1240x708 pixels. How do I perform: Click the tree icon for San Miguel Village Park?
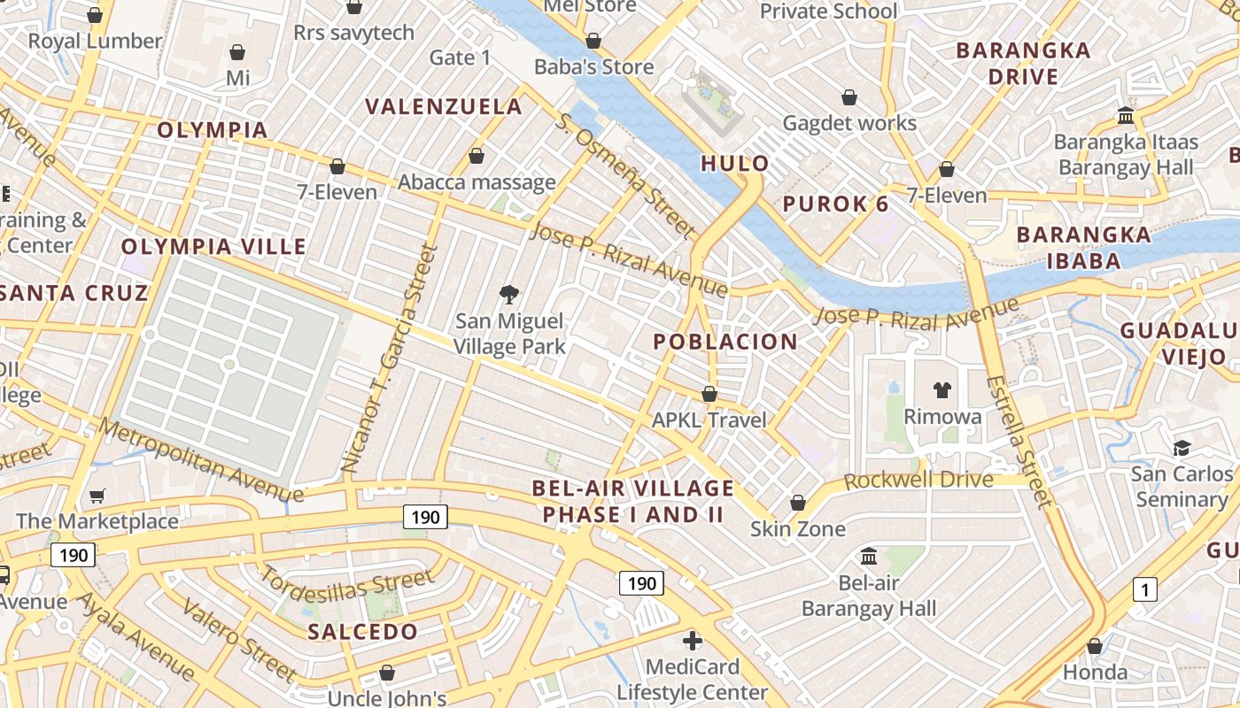509,294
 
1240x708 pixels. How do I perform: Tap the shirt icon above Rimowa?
942,389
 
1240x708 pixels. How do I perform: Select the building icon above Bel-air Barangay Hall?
869,557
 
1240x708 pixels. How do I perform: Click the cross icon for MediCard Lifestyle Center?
693,640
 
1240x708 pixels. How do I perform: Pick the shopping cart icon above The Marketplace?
97,496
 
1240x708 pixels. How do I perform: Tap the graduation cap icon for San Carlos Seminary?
1182,448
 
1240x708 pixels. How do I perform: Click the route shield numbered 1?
1145,589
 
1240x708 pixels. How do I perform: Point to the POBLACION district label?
725,342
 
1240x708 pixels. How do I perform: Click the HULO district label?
734,163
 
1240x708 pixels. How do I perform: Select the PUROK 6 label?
835,204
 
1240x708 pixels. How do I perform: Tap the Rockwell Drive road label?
918,481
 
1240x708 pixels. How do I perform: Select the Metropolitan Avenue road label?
201,460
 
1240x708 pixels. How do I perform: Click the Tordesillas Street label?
345,585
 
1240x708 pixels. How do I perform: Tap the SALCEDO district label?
362,632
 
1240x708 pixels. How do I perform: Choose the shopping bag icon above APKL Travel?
709,394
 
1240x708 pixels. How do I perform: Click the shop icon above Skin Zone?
797,503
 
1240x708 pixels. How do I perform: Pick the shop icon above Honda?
1094,646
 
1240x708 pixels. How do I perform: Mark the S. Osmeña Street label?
626,175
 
